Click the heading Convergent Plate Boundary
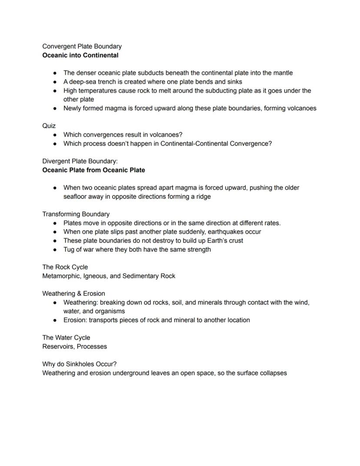(x=82, y=46)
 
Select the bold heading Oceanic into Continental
(x=80, y=55)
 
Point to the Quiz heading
(x=49, y=126)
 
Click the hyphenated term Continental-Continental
(x=198, y=144)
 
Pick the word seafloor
(x=77, y=196)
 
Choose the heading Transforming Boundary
(x=76, y=214)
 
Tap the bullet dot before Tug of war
(x=55, y=250)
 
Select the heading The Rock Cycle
(x=65, y=267)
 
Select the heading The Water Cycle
(x=66, y=337)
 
